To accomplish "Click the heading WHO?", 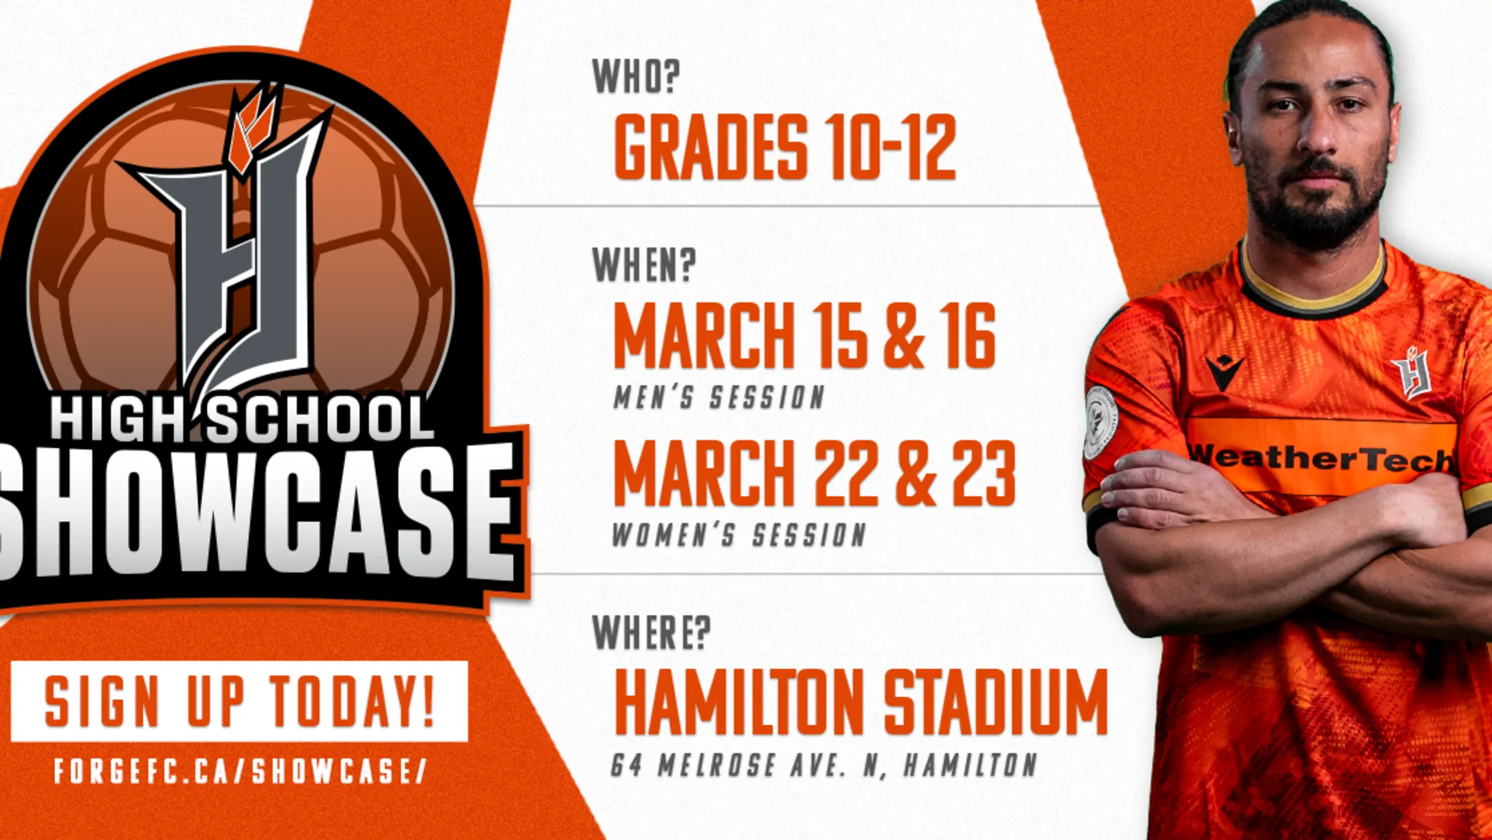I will [636, 76].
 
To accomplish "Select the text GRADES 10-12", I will [785, 147].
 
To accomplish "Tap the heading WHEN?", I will [643, 265].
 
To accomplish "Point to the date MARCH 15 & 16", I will [804, 335].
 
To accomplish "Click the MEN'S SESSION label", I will [719, 397].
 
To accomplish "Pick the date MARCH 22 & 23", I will [814, 473].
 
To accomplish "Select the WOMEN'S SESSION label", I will [738, 535].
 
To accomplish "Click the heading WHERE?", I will [651, 632].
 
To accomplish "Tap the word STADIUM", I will [995, 702].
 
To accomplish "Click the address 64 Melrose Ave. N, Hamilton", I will [824, 765].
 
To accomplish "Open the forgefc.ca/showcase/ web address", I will [240, 771].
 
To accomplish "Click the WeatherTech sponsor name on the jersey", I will [1321, 457].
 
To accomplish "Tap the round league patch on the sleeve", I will [1100, 421].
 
